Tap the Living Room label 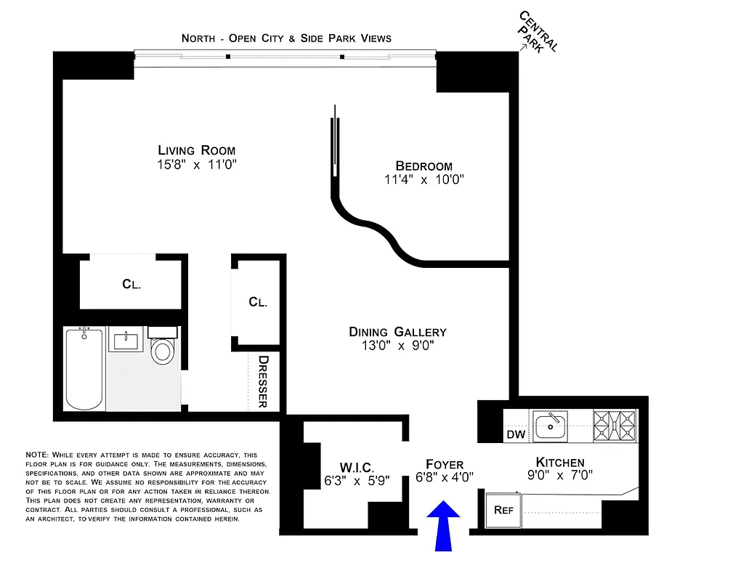(x=198, y=150)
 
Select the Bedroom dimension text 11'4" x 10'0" (x=423, y=180)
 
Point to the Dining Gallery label (x=397, y=332)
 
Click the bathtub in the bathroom (x=84, y=368)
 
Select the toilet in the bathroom (x=162, y=349)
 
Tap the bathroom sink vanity (x=126, y=340)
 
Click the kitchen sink (x=550, y=426)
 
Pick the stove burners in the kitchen (x=615, y=425)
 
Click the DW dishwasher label (x=514, y=435)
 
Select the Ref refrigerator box (x=503, y=510)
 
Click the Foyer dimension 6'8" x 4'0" (x=445, y=478)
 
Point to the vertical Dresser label (x=263, y=381)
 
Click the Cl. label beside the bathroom (x=131, y=285)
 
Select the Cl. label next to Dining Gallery (x=257, y=301)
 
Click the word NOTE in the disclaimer (x=37, y=455)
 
